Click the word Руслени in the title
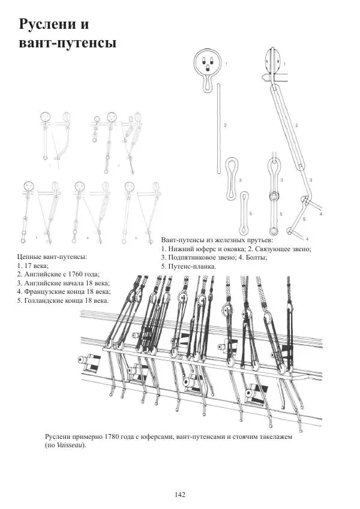coord(49,25)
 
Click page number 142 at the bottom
coord(179,494)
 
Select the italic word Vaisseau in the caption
coord(70,446)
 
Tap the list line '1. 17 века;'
coord(34,265)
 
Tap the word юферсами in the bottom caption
coord(148,437)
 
